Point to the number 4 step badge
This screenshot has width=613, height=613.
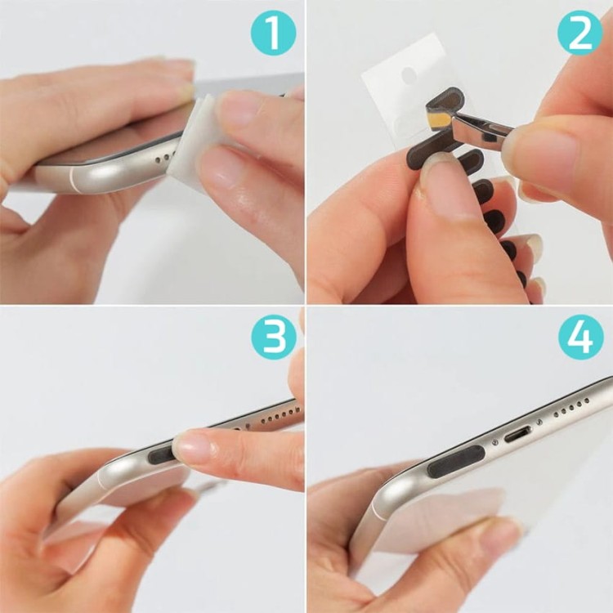pyautogui.click(x=580, y=337)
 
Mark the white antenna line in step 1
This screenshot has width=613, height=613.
pyautogui.click(x=74, y=179)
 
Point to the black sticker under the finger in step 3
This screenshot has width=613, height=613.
pyautogui.click(x=161, y=453)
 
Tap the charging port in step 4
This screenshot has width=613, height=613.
pyautogui.click(x=517, y=432)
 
